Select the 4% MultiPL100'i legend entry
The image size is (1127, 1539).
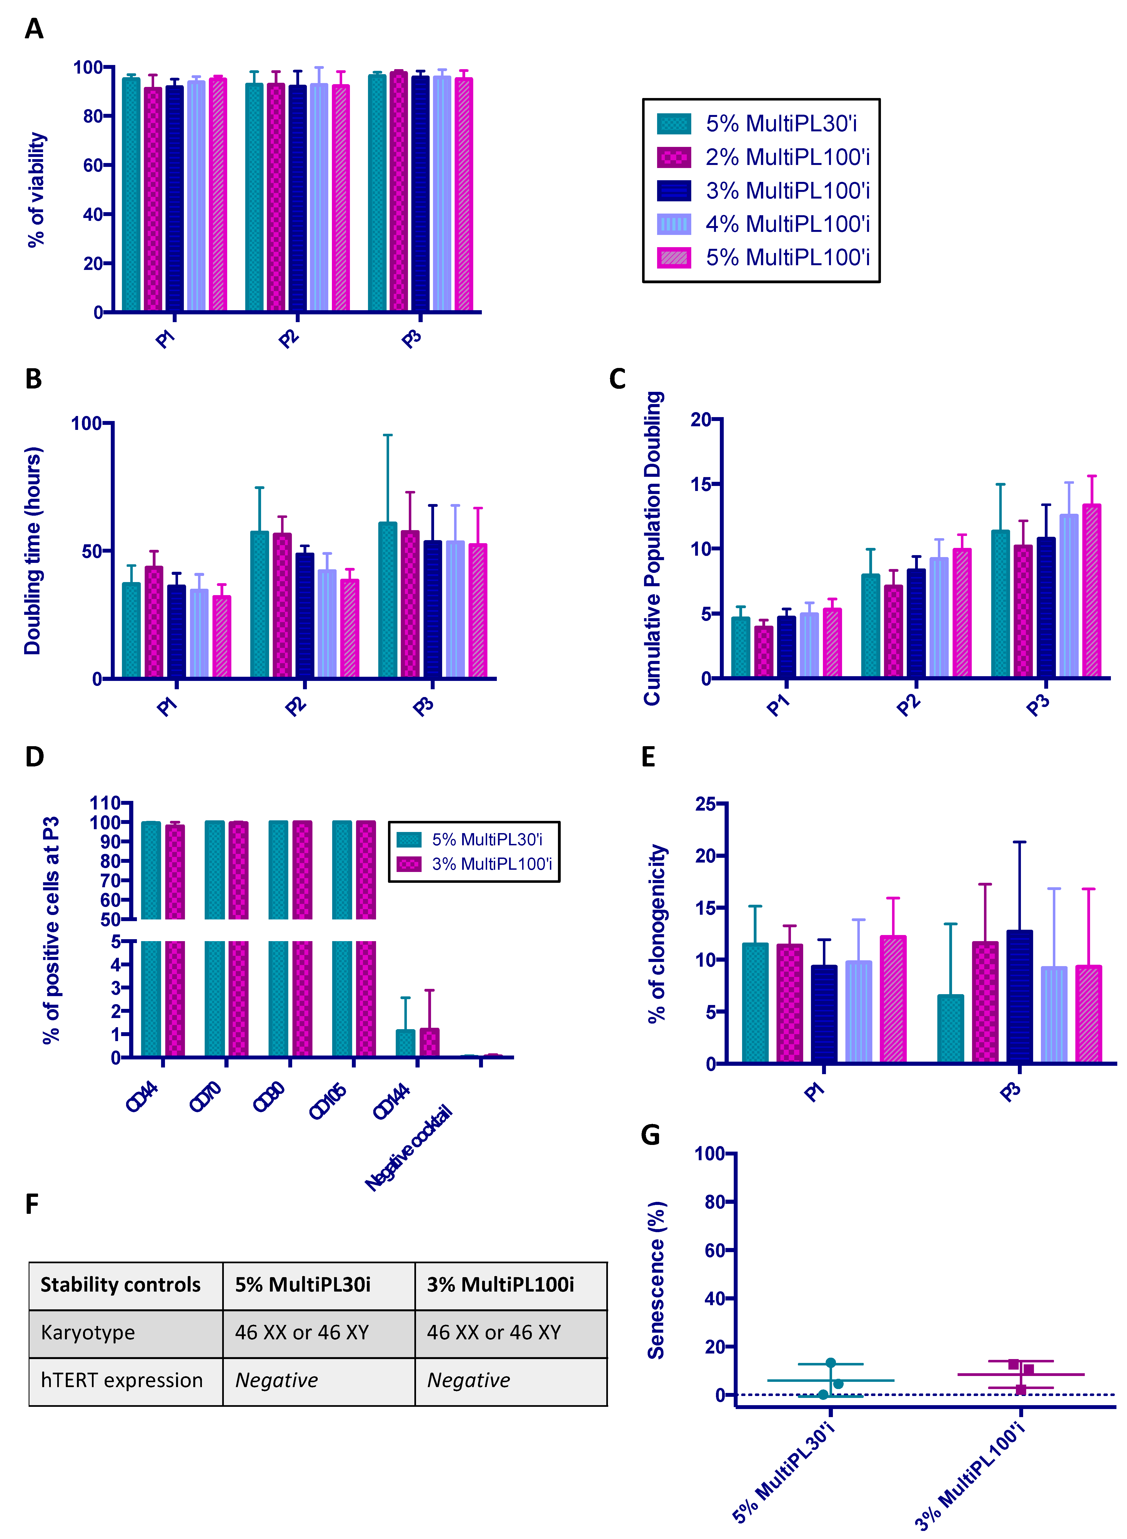pyautogui.click(x=787, y=224)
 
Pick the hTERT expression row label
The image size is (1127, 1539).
pyautogui.click(x=121, y=1380)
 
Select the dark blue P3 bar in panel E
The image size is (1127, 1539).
pyautogui.click(x=1019, y=996)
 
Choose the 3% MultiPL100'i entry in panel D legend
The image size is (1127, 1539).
pyautogui.click(x=491, y=864)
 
